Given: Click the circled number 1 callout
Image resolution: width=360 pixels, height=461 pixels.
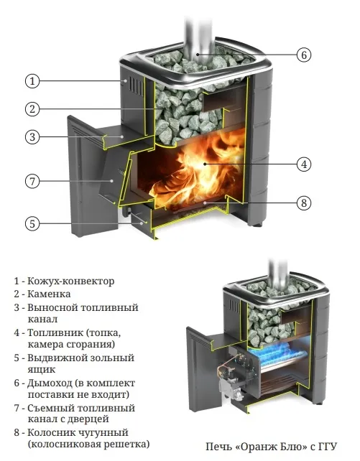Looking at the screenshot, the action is pyautogui.click(x=32, y=81).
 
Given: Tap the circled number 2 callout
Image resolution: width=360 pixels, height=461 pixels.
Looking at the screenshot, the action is pyautogui.click(x=32, y=109).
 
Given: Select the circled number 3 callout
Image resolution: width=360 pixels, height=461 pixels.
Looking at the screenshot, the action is pyautogui.click(x=32, y=136).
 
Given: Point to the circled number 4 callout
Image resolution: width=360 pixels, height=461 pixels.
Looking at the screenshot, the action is pyautogui.click(x=303, y=164).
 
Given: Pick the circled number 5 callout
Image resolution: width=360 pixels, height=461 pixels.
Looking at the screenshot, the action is pyautogui.click(x=32, y=224).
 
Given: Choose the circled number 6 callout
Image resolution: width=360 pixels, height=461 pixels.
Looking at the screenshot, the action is pyautogui.click(x=303, y=55).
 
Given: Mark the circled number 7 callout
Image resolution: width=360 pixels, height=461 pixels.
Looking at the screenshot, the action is pyautogui.click(x=32, y=181).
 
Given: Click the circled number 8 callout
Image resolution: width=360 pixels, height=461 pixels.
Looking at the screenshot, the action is pyautogui.click(x=303, y=203).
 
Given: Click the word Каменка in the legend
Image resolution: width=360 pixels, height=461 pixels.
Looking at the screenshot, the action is pyautogui.click(x=49, y=294).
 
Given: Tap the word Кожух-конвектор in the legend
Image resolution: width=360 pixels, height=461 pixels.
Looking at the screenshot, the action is pyautogui.click(x=71, y=281).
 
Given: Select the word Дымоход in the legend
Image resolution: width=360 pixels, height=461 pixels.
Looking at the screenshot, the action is pyautogui.click(x=50, y=383).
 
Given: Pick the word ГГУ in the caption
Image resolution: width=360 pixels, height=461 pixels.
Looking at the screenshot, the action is pyautogui.click(x=327, y=447).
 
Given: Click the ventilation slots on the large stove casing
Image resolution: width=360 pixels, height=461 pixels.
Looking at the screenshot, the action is pyautogui.click(x=137, y=86).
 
